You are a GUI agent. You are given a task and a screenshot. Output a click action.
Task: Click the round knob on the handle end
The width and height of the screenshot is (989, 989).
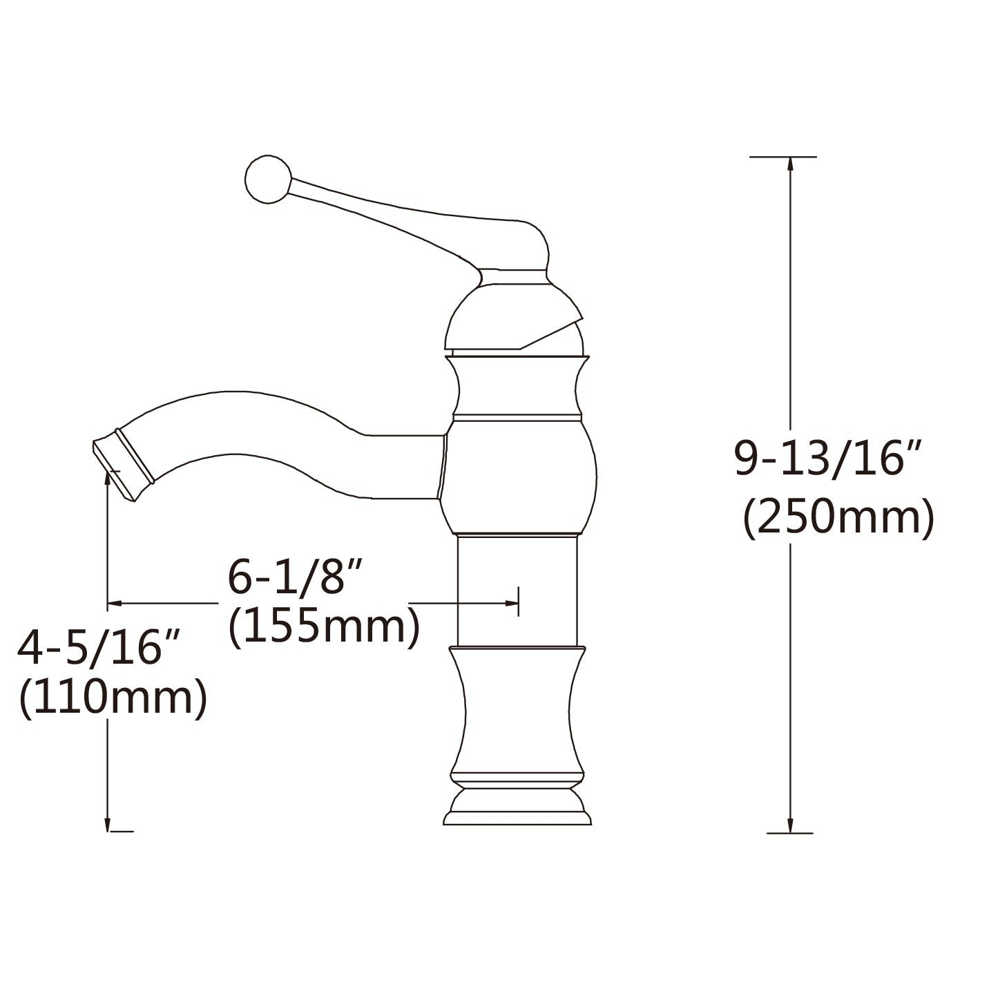[269, 179]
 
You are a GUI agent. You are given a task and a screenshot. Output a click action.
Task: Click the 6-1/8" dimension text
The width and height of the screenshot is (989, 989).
[296, 577]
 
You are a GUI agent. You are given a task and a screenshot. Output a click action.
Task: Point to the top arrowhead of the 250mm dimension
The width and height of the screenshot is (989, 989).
[790, 165]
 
